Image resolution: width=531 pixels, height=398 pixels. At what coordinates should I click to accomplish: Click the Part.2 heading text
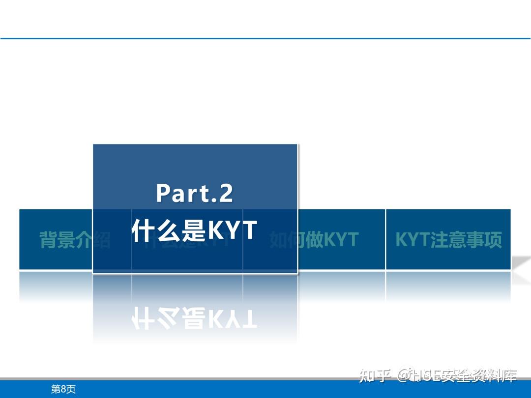(x=195, y=193)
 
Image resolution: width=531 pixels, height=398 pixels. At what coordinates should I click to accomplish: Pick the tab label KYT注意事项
(x=448, y=240)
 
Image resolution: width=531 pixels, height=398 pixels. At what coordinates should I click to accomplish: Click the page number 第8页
(x=63, y=389)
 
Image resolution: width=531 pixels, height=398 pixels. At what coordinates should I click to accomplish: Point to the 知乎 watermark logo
(x=375, y=376)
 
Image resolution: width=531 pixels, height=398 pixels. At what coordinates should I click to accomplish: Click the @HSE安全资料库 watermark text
(x=457, y=376)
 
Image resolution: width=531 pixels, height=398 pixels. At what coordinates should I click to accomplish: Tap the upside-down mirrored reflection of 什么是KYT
(x=195, y=318)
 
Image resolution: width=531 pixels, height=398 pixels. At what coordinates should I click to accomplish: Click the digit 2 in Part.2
(x=226, y=193)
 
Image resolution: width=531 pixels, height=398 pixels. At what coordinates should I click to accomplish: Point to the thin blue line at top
(x=265, y=38)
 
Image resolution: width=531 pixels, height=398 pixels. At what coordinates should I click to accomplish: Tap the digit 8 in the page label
(x=64, y=389)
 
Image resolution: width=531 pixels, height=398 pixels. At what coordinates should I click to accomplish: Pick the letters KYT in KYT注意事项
(x=413, y=240)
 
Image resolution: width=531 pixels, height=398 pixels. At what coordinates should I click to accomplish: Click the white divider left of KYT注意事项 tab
(x=385, y=240)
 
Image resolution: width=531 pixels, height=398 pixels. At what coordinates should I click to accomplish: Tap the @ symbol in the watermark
(x=404, y=376)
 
